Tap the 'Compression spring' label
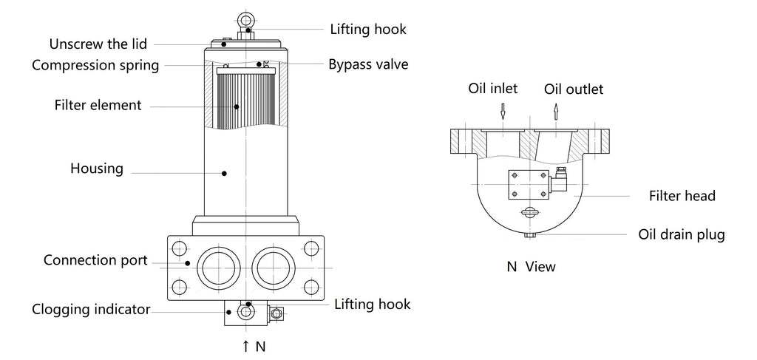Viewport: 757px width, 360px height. [95, 65]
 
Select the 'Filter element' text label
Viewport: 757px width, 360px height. [98, 105]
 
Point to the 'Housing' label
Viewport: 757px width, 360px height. [96, 169]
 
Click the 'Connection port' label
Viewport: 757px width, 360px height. [95, 260]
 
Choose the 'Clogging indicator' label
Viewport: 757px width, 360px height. [91, 310]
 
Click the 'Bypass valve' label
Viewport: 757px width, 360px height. [368, 64]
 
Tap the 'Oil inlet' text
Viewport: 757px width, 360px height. [493, 89]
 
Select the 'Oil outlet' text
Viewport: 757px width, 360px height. [574, 89]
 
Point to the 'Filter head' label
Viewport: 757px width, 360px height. [682, 197]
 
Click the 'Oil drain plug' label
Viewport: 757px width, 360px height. [682, 235]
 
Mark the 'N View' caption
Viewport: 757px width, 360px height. [531, 266]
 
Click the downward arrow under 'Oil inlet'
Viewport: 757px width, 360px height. [503, 112]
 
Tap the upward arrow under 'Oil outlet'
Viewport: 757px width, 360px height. [557, 112]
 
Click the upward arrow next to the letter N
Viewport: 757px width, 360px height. [245, 346]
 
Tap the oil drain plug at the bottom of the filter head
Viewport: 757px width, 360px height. [530, 235]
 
